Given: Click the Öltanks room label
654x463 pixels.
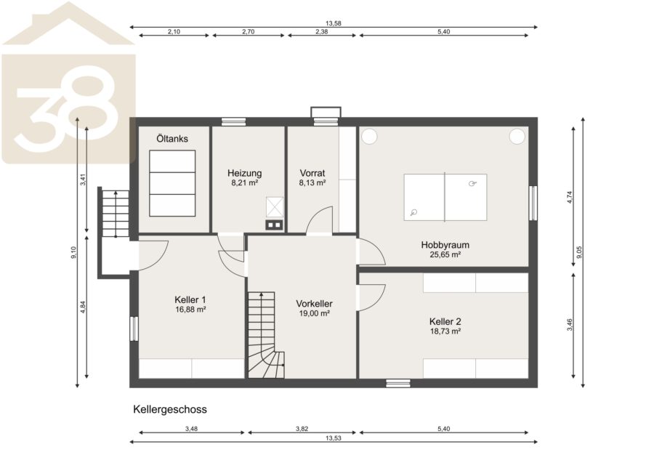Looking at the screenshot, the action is pos(172,139).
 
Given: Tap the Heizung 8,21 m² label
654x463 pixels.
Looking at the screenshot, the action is pos(244,177).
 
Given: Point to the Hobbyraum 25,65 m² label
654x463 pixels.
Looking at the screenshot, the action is pos(445,249).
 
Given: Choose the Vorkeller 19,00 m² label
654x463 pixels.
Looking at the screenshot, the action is pos(315,308).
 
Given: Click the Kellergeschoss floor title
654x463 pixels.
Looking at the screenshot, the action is pos(170,409).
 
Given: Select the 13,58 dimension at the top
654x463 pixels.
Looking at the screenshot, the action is pos(334,23).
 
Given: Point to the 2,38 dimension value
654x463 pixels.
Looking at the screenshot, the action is pos(322,31).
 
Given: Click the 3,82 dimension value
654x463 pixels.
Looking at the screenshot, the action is pos(302,428).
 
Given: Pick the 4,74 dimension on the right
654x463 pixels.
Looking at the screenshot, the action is pos(570,197).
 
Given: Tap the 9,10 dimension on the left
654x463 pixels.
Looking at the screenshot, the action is pos(74,252).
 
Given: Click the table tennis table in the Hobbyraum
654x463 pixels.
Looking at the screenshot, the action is pos(445,197).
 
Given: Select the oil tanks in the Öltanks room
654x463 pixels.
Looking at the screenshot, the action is pos(172,183).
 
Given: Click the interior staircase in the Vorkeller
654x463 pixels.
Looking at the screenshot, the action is pos(266,335).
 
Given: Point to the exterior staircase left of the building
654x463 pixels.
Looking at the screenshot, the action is pos(116,214).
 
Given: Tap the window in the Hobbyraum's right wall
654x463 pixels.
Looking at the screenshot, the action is pos(533,203).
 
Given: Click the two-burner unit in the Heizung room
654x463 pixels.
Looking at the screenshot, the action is pos(274,225).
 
